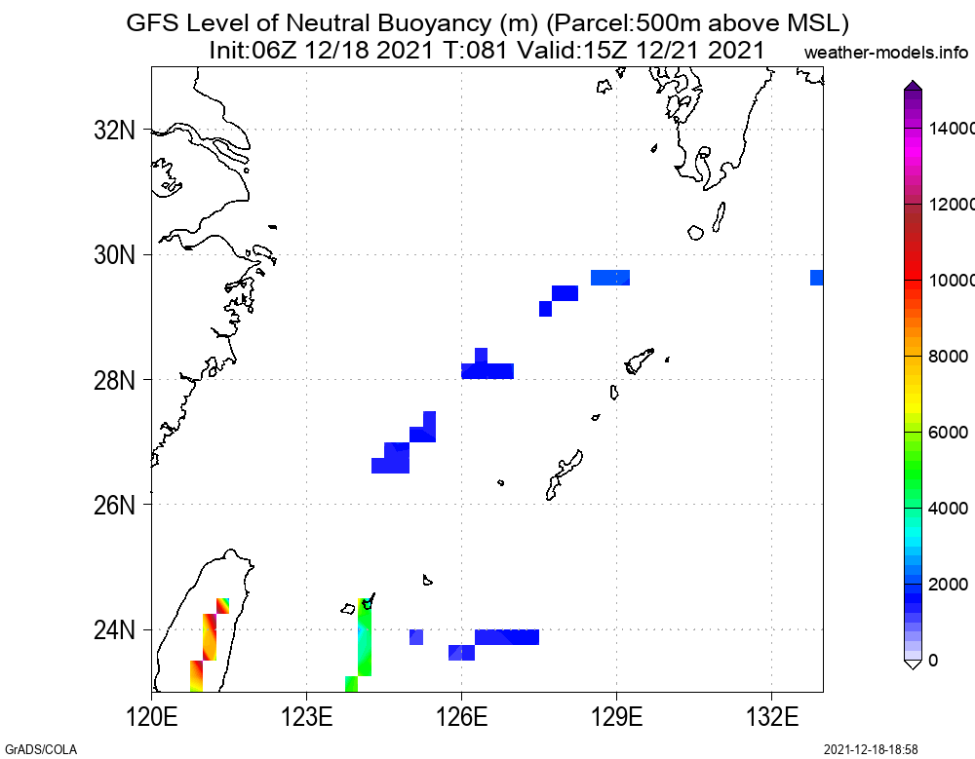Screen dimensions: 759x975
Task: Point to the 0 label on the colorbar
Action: click(934, 661)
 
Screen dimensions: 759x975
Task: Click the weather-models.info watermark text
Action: click(887, 52)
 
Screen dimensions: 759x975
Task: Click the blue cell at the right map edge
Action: click(817, 278)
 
